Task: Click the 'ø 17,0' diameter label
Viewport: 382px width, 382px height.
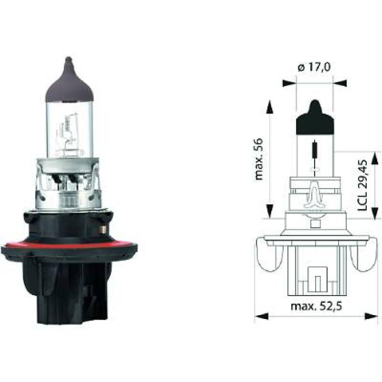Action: pos(314,68)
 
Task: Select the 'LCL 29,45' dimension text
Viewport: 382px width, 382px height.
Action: pos(363,186)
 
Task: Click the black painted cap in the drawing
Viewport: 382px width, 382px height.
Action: pos(315,120)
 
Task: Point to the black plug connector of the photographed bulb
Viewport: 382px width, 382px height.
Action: pos(71,294)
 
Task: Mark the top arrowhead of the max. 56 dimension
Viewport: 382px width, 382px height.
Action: pos(270,107)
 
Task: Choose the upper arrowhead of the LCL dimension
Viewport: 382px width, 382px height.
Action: pos(372,158)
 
